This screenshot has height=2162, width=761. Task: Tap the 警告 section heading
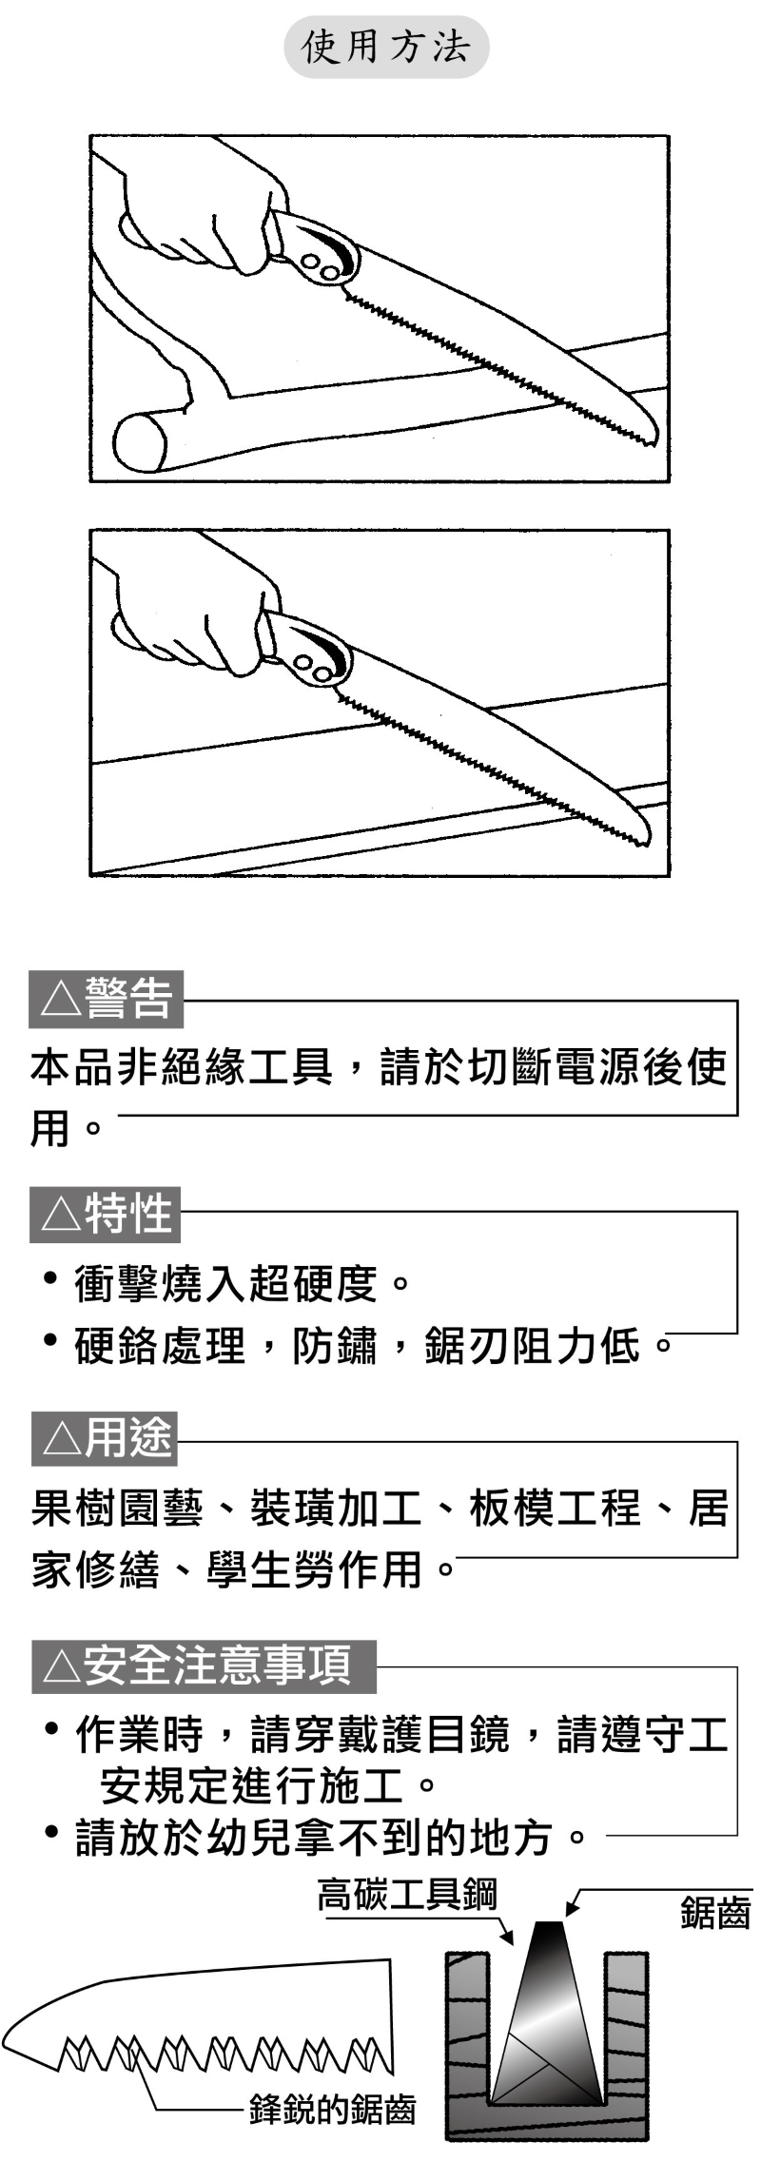[x=129, y=999]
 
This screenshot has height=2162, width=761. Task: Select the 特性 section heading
[x=128, y=1214]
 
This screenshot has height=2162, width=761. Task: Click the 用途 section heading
[x=128, y=1438]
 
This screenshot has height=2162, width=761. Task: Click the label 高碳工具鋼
[x=407, y=1894]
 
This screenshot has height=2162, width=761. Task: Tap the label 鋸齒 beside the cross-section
[x=715, y=1912]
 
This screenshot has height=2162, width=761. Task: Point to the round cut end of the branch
[x=142, y=442]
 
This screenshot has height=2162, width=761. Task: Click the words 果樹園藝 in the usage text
[x=117, y=1509]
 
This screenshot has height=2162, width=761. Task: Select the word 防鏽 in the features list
[x=335, y=1345]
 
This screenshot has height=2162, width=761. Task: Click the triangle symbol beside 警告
[x=58, y=1001]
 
